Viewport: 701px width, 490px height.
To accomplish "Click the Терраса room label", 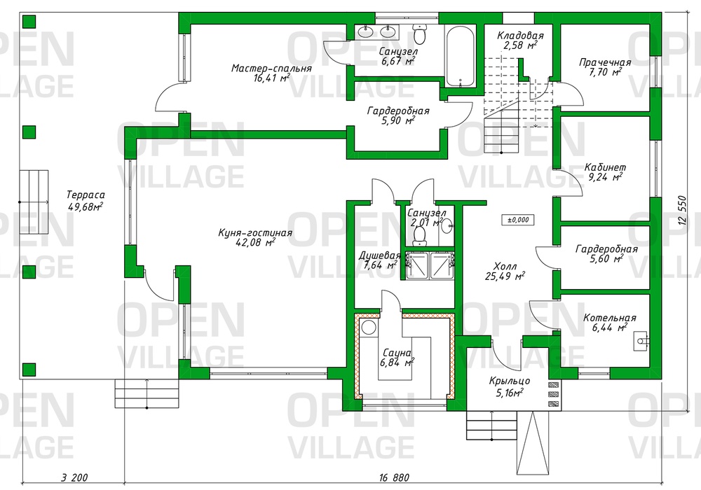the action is pos(86,195).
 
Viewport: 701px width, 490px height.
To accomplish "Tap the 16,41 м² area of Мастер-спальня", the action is pos(271,78).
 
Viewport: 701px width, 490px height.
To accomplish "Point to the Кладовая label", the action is pos(520,35).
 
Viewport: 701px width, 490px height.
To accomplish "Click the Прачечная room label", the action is pos(606,62).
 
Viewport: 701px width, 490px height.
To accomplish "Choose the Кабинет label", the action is pos(606,168).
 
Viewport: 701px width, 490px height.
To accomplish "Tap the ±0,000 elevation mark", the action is pos(518,220).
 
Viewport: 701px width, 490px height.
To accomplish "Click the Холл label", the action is pos(505,267).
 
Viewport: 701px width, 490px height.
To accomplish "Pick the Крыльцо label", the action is pos(510,381).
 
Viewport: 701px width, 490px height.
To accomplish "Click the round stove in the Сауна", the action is pos(369,327).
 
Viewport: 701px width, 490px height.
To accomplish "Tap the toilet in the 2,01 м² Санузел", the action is pos(420,236).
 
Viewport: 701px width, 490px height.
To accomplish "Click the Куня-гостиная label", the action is pos(255,233).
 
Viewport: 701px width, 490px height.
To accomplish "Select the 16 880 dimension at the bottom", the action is pos(394,478).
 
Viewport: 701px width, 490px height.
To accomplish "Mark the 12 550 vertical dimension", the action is pos(682,211).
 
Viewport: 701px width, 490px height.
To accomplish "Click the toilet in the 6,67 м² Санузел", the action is pos(420,33).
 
